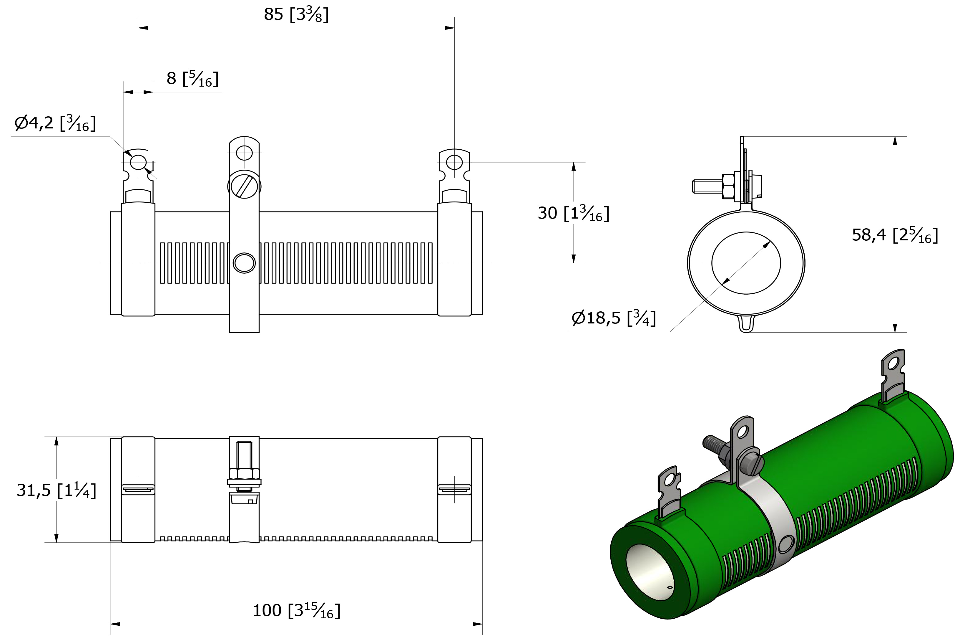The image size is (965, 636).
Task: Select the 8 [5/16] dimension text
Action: [x=192, y=78]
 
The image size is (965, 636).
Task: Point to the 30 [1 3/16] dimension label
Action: [x=573, y=213]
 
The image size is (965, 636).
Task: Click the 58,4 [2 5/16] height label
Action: [x=895, y=235]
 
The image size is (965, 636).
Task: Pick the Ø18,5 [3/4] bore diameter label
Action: [x=614, y=317]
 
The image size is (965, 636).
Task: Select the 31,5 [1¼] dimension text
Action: [x=57, y=490]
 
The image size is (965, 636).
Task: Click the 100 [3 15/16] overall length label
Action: [x=296, y=610]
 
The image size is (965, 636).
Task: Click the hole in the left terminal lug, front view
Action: [x=138, y=162]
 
